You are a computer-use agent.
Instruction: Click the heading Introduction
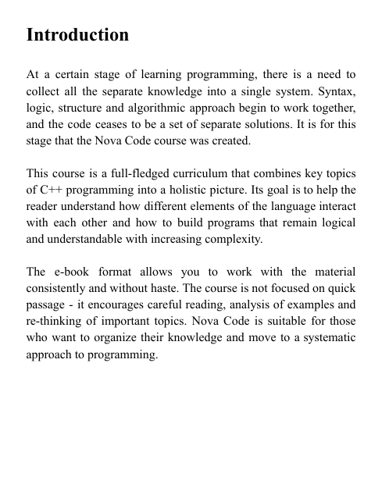(77, 36)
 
